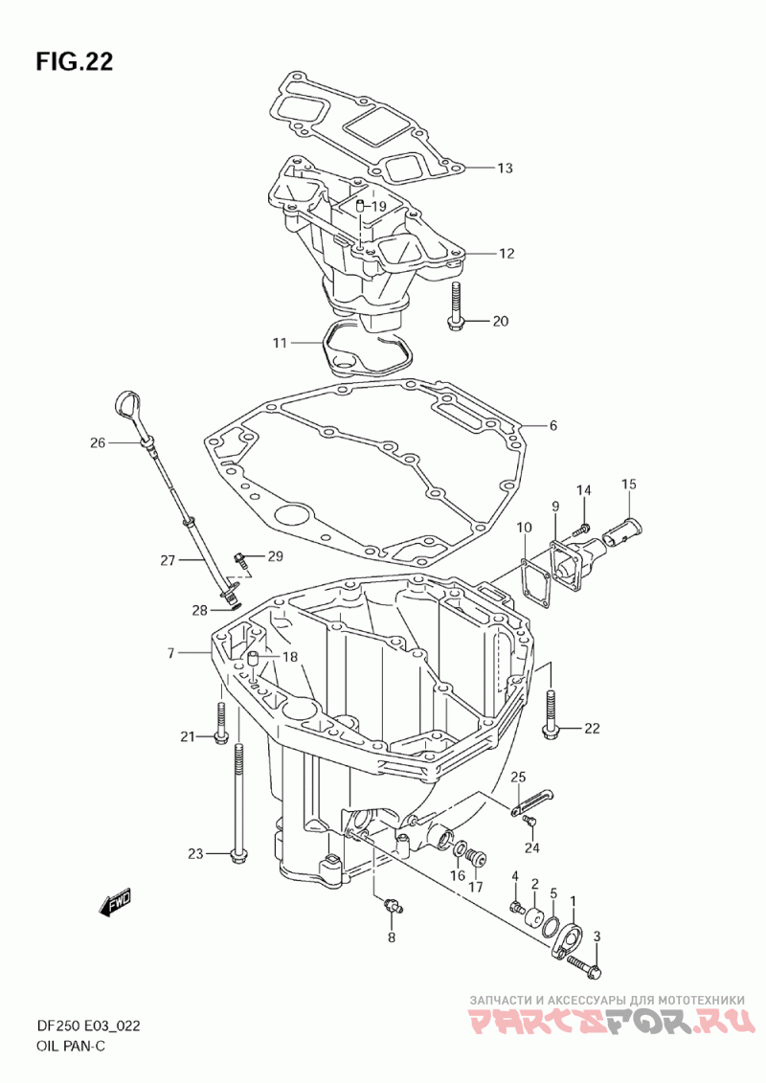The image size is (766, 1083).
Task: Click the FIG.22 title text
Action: click(75, 61)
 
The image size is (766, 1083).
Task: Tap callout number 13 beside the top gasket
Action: click(505, 168)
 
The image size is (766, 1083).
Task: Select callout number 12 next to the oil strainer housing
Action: click(507, 254)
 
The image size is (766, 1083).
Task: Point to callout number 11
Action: click(279, 343)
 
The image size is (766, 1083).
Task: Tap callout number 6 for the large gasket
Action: click(552, 426)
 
